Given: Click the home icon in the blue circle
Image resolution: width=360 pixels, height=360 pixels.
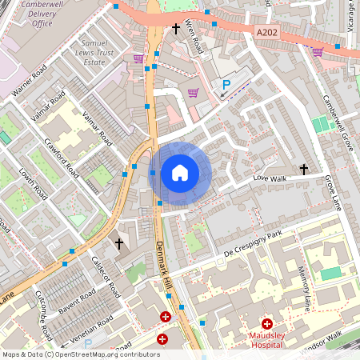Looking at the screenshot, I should point(180,172).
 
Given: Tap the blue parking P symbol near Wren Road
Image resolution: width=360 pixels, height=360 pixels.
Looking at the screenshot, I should point(226,84).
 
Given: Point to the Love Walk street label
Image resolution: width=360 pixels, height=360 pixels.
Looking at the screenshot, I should point(269,178).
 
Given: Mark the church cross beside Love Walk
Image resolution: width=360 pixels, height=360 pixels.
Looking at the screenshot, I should point(303,169).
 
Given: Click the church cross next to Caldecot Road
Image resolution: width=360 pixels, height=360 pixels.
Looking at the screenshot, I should point(119,243).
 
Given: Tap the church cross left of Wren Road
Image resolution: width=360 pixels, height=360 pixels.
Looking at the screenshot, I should point(176,30).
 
